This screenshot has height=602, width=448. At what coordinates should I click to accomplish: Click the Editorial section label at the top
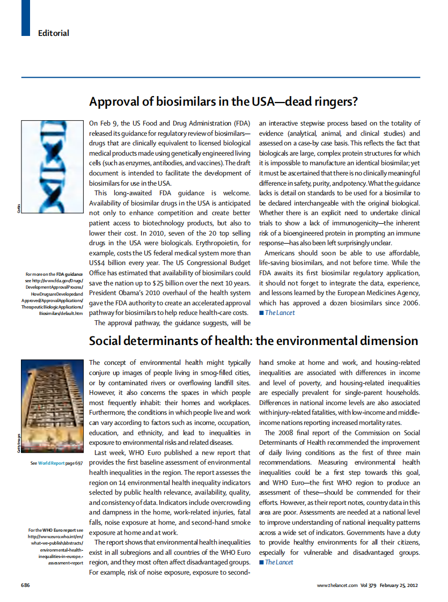[x=54, y=33]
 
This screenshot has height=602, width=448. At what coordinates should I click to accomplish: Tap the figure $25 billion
[x=164, y=283]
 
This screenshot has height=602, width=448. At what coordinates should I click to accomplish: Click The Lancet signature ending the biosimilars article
[x=280, y=313]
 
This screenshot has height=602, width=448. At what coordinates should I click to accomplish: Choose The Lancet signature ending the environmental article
[x=280, y=562]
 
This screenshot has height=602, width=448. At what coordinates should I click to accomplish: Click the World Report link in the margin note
[x=50, y=462]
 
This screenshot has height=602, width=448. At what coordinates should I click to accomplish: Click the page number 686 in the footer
[x=25, y=585]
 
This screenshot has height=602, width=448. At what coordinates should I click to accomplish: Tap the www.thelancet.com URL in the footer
[x=337, y=585]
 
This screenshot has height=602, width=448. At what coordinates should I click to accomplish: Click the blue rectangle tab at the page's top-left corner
[x=25, y=18]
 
